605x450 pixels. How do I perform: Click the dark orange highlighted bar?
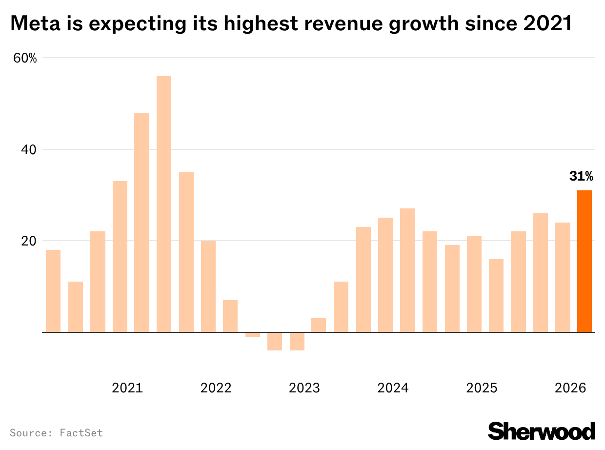click(584, 261)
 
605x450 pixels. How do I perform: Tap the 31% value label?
click(581, 176)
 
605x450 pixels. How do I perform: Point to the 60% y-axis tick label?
click(25, 58)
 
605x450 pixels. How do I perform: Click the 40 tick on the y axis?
click(28, 149)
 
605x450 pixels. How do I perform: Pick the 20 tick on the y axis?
click(28, 241)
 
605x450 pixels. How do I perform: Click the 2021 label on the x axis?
click(127, 389)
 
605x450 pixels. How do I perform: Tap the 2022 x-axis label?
click(216, 389)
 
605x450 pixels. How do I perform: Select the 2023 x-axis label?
click(304, 389)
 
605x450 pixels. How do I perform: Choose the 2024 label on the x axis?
click(393, 389)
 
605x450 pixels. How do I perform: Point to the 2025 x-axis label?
click(482, 389)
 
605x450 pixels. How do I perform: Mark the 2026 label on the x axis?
click(570, 389)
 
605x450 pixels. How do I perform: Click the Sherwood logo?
click(542, 431)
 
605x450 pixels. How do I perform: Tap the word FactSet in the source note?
click(81, 433)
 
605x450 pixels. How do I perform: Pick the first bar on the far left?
click(53, 291)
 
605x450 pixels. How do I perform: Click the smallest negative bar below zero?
click(253, 335)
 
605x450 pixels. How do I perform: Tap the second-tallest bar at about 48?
click(142, 223)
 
